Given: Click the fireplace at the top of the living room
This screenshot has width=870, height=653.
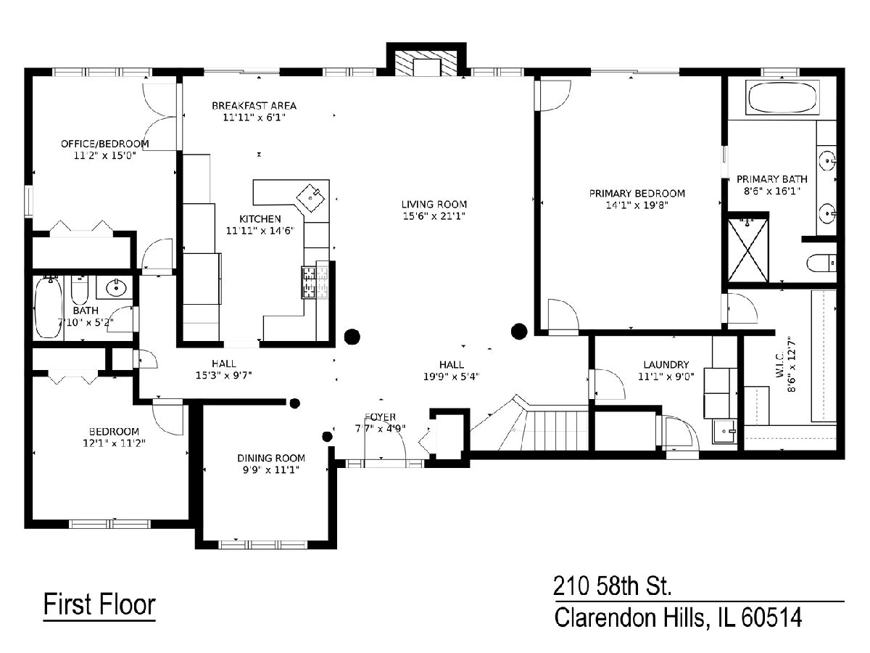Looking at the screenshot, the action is (426, 63).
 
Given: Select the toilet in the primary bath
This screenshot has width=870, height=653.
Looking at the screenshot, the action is (821, 263).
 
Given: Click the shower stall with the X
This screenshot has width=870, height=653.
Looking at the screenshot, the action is (748, 250).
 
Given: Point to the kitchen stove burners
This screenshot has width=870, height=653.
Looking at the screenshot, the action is (316, 282).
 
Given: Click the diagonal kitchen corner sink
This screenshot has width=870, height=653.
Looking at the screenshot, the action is (312, 197).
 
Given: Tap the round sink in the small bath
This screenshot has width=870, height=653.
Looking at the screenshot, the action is (115, 288).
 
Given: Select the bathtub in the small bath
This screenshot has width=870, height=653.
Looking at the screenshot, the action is (49, 307).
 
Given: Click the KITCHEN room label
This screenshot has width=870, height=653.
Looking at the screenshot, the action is (260, 219).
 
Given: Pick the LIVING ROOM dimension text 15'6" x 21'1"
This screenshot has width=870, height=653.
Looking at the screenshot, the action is (434, 216).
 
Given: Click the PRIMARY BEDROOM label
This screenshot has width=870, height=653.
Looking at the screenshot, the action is (637, 194).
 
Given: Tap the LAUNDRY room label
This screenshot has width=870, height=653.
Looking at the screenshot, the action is (666, 364).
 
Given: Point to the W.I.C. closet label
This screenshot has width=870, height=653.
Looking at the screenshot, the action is (778, 368).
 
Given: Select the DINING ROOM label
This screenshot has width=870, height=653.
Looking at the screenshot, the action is (271, 458).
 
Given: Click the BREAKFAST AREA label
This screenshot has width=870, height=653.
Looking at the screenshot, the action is (254, 106).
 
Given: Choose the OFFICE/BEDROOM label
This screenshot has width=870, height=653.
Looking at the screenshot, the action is (105, 144).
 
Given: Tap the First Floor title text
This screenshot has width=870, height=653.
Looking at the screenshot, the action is (99, 605).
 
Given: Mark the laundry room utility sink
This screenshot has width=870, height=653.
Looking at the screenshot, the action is (724, 430).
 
